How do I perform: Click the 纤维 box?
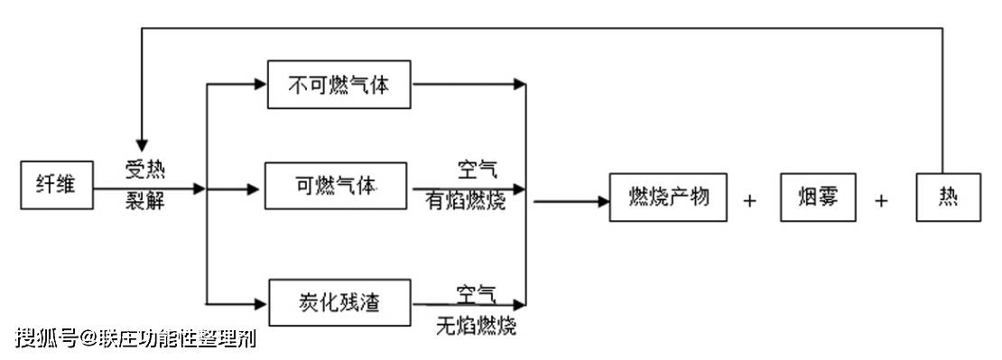58,187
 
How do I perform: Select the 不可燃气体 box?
339,86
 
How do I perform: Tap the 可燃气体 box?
335,186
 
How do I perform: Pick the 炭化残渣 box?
339,302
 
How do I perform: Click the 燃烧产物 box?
667,198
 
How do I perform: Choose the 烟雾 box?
817,198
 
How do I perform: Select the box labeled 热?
948,198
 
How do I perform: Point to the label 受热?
144,170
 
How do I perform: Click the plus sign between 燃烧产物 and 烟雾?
749,200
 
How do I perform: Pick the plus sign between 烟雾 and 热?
881,200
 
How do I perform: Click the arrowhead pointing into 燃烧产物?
602,199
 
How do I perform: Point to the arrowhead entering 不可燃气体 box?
261,85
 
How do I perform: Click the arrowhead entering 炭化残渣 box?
261,302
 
